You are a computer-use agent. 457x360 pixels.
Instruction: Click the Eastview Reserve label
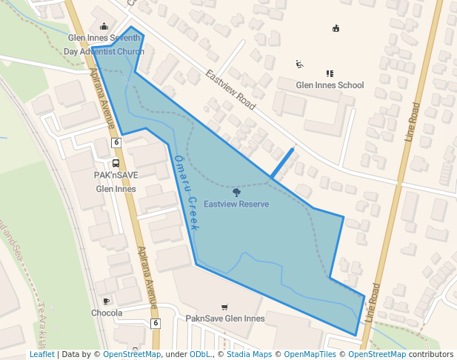point(236,204)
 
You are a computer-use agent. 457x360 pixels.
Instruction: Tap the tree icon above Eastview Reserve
point(236,192)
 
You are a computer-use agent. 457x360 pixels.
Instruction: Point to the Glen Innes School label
point(330,85)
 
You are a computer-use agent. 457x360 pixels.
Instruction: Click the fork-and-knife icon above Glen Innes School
point(330,73)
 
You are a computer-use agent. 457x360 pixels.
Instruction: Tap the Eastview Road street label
point(231,90)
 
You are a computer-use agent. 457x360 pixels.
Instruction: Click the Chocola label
point(107,313)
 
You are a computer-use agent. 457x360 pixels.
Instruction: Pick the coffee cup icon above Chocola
point(107,301)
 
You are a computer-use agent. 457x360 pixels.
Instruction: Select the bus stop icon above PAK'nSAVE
point(116,164)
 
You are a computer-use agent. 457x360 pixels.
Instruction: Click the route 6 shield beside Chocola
point(156,323)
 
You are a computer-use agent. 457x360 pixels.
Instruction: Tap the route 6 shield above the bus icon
point(116,141)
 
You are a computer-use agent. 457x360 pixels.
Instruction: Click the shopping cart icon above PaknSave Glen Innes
point(224,307)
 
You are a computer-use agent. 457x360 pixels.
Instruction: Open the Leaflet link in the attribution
point(41,355)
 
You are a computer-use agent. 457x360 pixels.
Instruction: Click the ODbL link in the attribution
point(199,355)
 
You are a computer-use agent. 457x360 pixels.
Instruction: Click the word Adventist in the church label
point(96,52)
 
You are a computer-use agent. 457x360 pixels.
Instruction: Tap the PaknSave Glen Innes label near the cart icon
point(224,319)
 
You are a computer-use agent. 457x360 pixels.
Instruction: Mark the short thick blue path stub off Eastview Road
point(281,164)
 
